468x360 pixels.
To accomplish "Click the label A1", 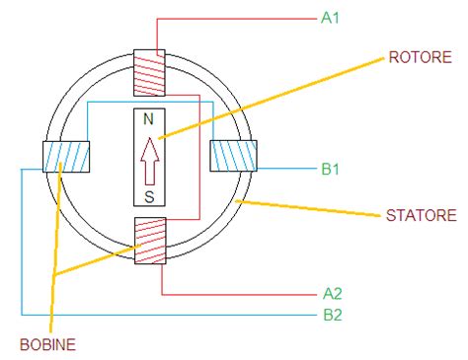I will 332,18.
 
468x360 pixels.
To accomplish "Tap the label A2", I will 332,293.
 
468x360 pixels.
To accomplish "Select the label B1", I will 332,169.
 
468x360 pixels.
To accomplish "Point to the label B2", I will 332,316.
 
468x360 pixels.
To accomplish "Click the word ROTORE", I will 416,56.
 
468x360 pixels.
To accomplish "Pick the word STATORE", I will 420,214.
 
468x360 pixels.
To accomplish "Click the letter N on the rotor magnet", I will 149,119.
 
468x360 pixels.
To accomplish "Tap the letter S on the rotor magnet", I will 149,196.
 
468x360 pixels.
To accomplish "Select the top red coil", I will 149,74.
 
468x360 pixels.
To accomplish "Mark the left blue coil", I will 65,157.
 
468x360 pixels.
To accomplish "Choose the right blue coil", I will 235,157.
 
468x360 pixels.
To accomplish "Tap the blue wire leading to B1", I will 286,169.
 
